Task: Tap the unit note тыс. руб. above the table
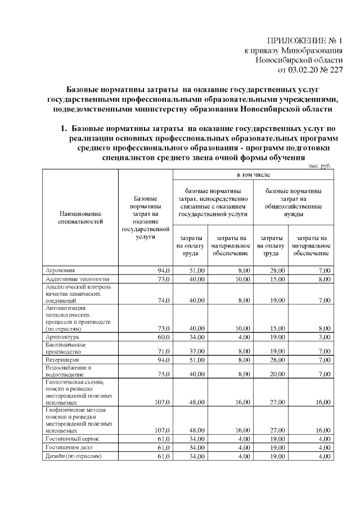(x=320, y=166)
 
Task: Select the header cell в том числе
(x=253, y=175)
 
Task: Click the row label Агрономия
(x=60, y=271)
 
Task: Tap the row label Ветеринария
(x=62, y=359)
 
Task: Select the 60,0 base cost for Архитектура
(x=164, y=337)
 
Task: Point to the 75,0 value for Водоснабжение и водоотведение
(x=164, y=373)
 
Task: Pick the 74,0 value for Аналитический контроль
(x=164, y=300)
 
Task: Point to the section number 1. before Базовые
(x=65, y=129)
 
